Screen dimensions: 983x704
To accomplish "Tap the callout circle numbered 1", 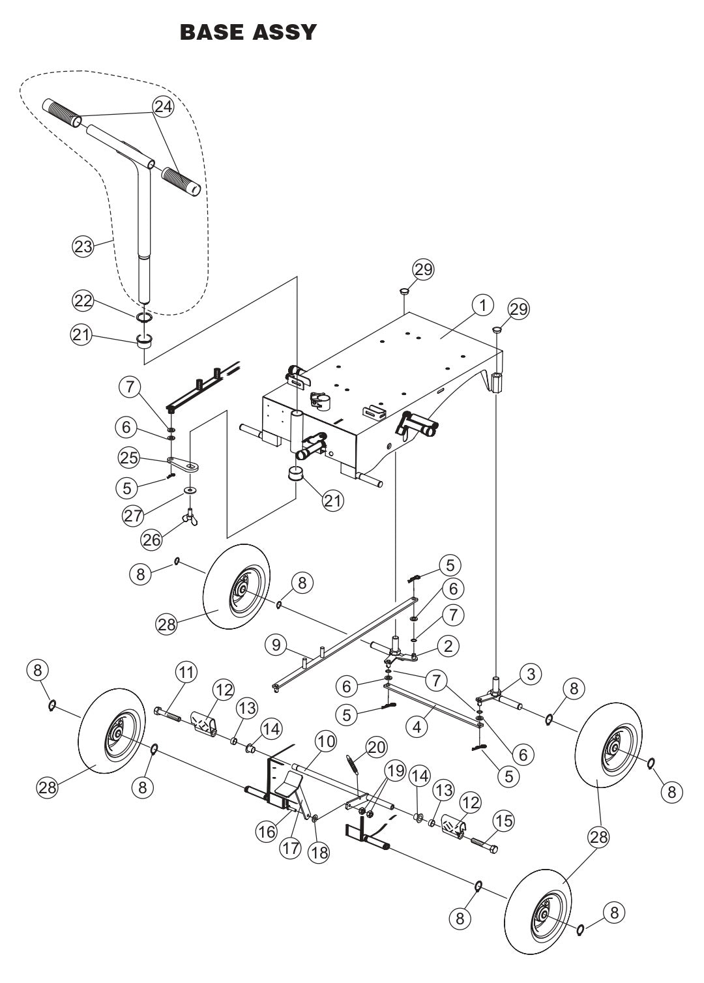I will point(483,306).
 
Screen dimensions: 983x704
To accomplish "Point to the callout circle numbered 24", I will point(164,107).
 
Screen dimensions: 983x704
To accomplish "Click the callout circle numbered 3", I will point(531,675).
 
